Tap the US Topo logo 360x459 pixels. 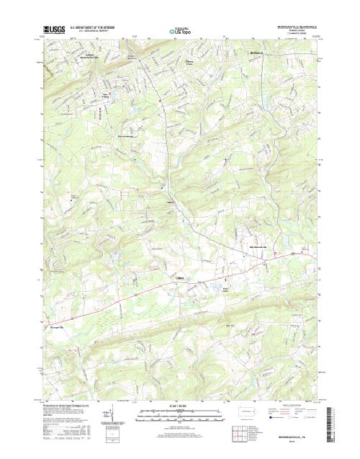coord(180,32)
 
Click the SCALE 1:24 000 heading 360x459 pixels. coord(179,407)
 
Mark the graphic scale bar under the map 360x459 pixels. coord(179,416)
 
